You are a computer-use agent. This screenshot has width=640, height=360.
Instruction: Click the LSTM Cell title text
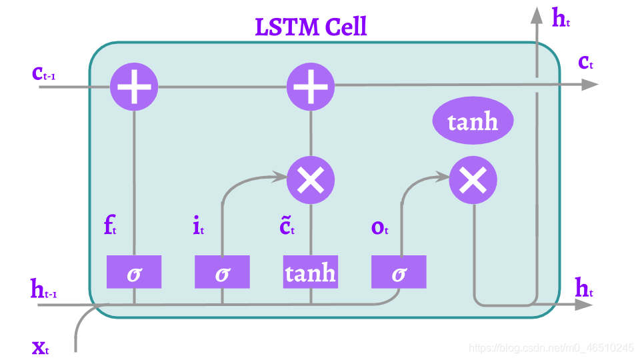311,27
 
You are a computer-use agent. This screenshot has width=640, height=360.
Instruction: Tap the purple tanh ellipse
473,122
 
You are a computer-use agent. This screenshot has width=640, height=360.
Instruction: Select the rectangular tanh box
310,272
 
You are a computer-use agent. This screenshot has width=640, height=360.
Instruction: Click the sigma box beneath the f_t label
134,272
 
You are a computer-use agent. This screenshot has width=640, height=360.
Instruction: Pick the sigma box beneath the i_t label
222,272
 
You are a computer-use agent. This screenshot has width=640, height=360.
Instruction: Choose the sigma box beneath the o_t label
398,272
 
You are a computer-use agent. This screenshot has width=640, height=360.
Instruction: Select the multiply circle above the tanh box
310,179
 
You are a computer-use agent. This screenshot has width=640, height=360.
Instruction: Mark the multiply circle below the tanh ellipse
473,179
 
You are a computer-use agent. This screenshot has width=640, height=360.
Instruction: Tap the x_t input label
41,347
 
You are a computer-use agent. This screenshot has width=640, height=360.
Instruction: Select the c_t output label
585,63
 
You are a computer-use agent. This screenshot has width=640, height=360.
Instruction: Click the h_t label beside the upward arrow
561,19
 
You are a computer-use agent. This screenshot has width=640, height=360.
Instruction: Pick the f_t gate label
110,227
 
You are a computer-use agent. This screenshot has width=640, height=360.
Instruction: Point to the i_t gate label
198,227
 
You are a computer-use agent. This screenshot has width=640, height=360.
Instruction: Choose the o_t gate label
379,227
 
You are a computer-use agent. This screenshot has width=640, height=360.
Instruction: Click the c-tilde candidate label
287,227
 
